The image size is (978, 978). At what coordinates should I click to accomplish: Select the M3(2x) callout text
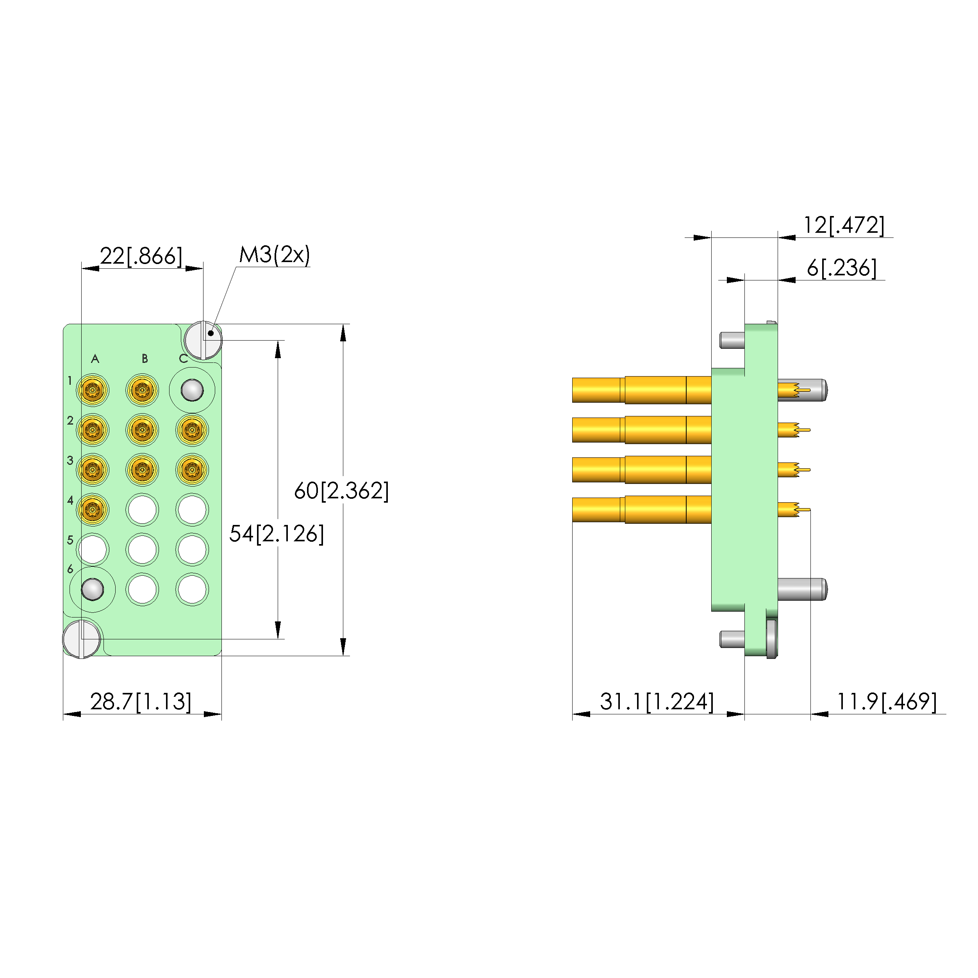pyautogui.click(x=274, y=255)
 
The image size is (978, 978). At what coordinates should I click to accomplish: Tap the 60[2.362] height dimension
pyautogui.click(x=342, y=491)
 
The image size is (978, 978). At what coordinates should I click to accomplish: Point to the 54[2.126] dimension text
pyautogui.click(x=277, y=534)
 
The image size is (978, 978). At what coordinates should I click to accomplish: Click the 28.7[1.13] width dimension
pyautogui.click(x=141, y=701)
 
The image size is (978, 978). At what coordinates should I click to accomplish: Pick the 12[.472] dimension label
pyautogui.click(x=844, y=225)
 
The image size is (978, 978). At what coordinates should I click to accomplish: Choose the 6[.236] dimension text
pyautogui.click(x=841, y=268)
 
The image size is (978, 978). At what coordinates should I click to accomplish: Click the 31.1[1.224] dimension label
pyautogui.click(x=657, y=701)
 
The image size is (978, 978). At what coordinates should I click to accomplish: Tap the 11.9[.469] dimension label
pyautogui.click(x=886, y=701)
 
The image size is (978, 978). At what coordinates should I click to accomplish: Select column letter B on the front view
pyautogui.click(x=145, y=359)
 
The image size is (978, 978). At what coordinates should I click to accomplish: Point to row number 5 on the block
pyautogui.click(x=70, y=540)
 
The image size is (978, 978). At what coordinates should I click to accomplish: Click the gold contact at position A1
pyautogui.click(x=93, y=390)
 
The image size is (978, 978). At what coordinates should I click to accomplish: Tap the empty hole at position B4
pyautogui.click(x=142, y=510)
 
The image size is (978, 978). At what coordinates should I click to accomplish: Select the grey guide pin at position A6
pyautogui.click(x=93, y=589)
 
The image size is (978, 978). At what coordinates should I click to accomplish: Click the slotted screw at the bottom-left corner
pyautogui.click(x=82, y=639)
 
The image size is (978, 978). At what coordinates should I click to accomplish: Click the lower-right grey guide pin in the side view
pyautogui.click(x=802, y=589)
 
